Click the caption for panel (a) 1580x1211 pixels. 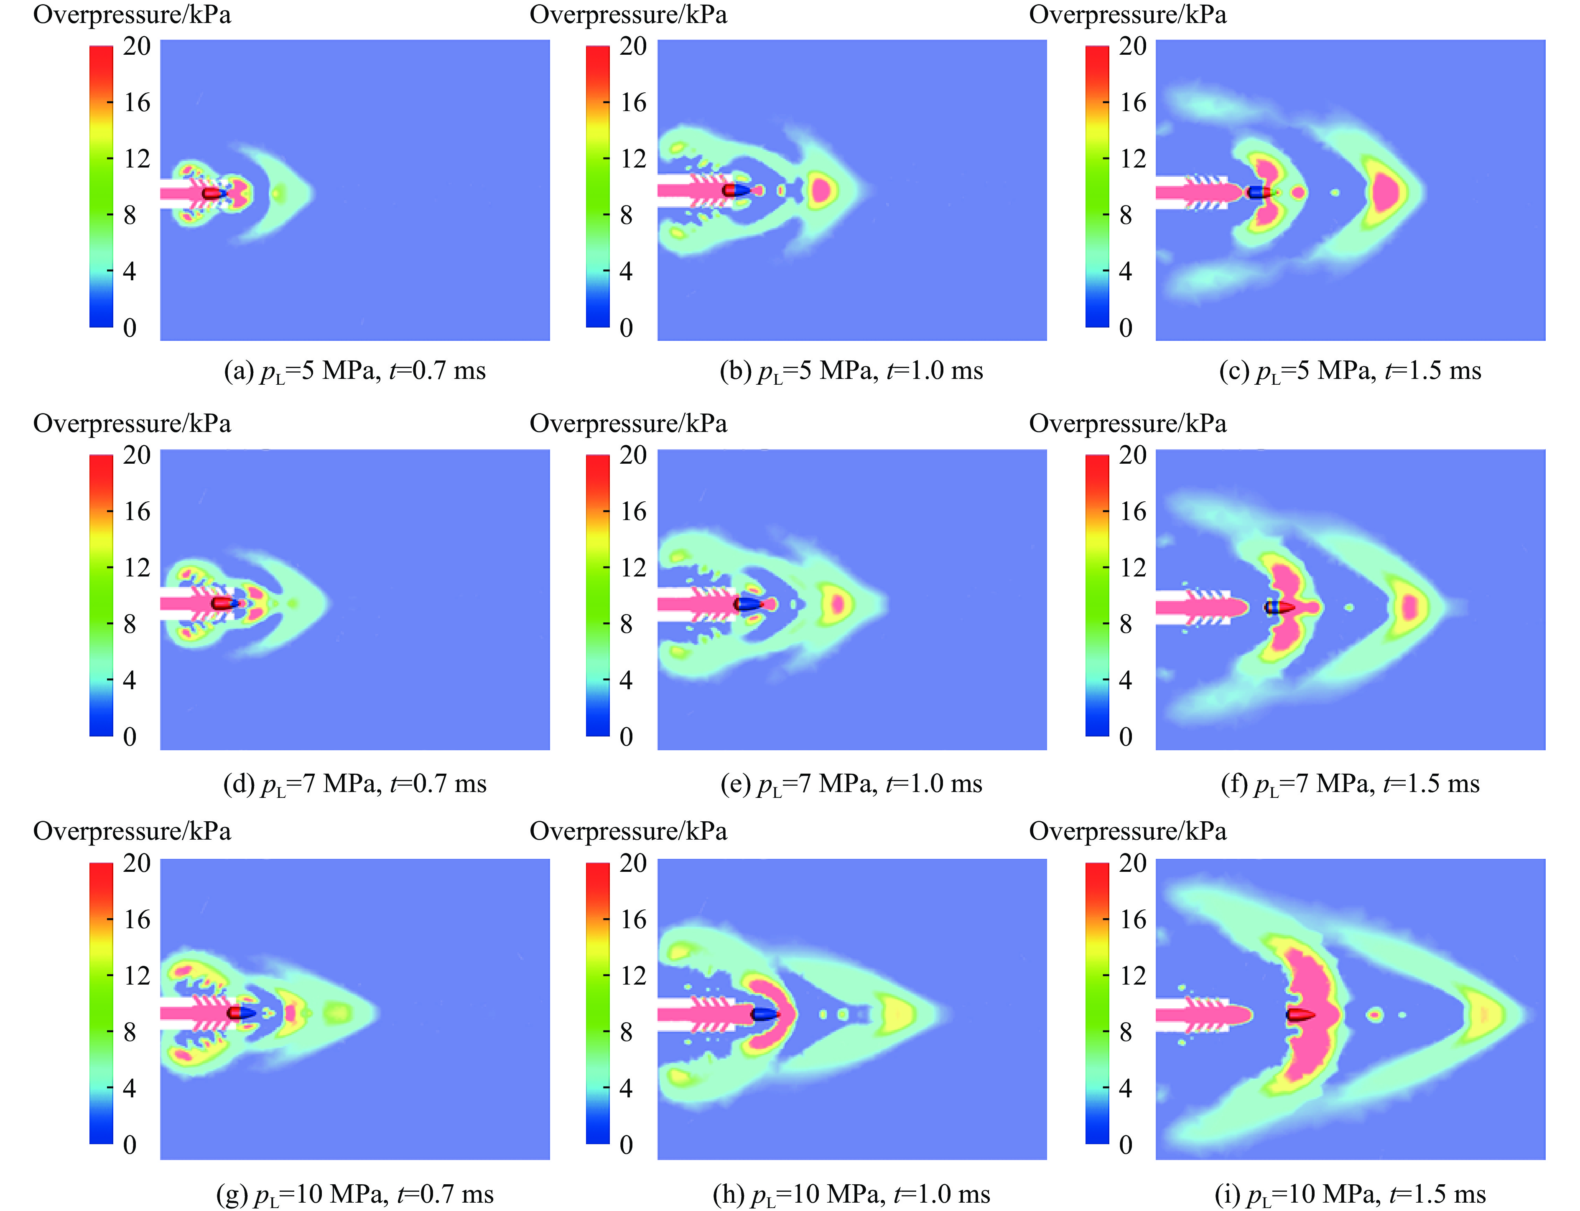pos(355,371)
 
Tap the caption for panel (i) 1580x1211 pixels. pos(1350,1194)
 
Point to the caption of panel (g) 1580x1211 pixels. pos(355,1194)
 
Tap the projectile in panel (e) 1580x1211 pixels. pos(748,604)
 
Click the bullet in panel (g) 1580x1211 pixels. pos(241,1013)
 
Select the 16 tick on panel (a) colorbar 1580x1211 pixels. pos(136,102)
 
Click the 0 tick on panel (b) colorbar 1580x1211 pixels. pos(626,328)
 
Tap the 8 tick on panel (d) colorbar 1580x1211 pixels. pos(130,624)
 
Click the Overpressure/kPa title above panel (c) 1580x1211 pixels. pos(1127,15)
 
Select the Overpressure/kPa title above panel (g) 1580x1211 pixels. pos(132,831)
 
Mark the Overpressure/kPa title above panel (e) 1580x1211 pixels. pos(628,423)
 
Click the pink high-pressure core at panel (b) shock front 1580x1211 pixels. pos(821,191)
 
